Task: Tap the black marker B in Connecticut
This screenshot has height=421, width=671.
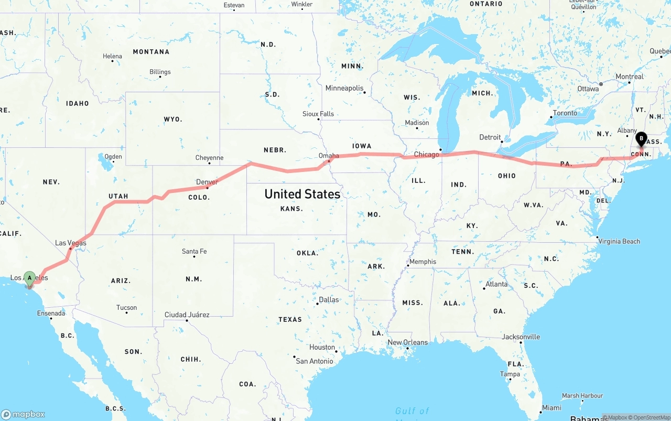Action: pos(641,139)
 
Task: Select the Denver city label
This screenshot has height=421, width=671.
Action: pos(207,182)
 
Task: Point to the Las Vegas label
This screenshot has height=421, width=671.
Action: pos(71,243)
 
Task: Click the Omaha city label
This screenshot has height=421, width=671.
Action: pos(329,156)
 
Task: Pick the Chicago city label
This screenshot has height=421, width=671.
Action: pos(426,155)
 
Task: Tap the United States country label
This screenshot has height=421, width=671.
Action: pos(302,194)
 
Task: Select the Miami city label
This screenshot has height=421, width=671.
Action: pos(551,407)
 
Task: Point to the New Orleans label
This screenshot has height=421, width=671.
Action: pos(407,342)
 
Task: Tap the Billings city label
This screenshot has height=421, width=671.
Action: pos(160,72)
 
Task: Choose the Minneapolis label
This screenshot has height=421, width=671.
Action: pos(344,88)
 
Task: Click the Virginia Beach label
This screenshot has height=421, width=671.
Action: pos(619,241)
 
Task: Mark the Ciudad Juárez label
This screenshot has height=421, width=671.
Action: pos(187,315)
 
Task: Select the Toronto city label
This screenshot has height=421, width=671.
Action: pos(565,113)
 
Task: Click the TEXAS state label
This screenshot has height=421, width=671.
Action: pos(290,319)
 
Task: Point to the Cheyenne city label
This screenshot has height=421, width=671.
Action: pos(209,158)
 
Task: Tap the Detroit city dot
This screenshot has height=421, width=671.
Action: pos(502,142)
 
